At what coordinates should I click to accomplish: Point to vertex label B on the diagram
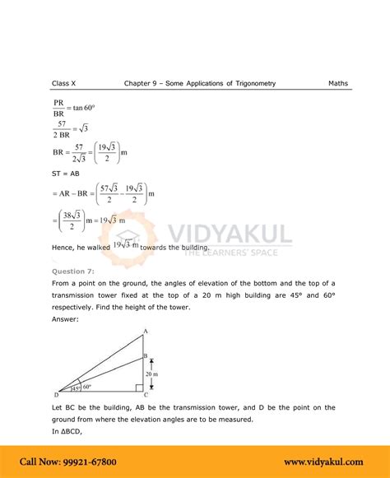click(146, 355)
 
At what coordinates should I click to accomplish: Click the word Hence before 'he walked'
click(66, 248)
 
